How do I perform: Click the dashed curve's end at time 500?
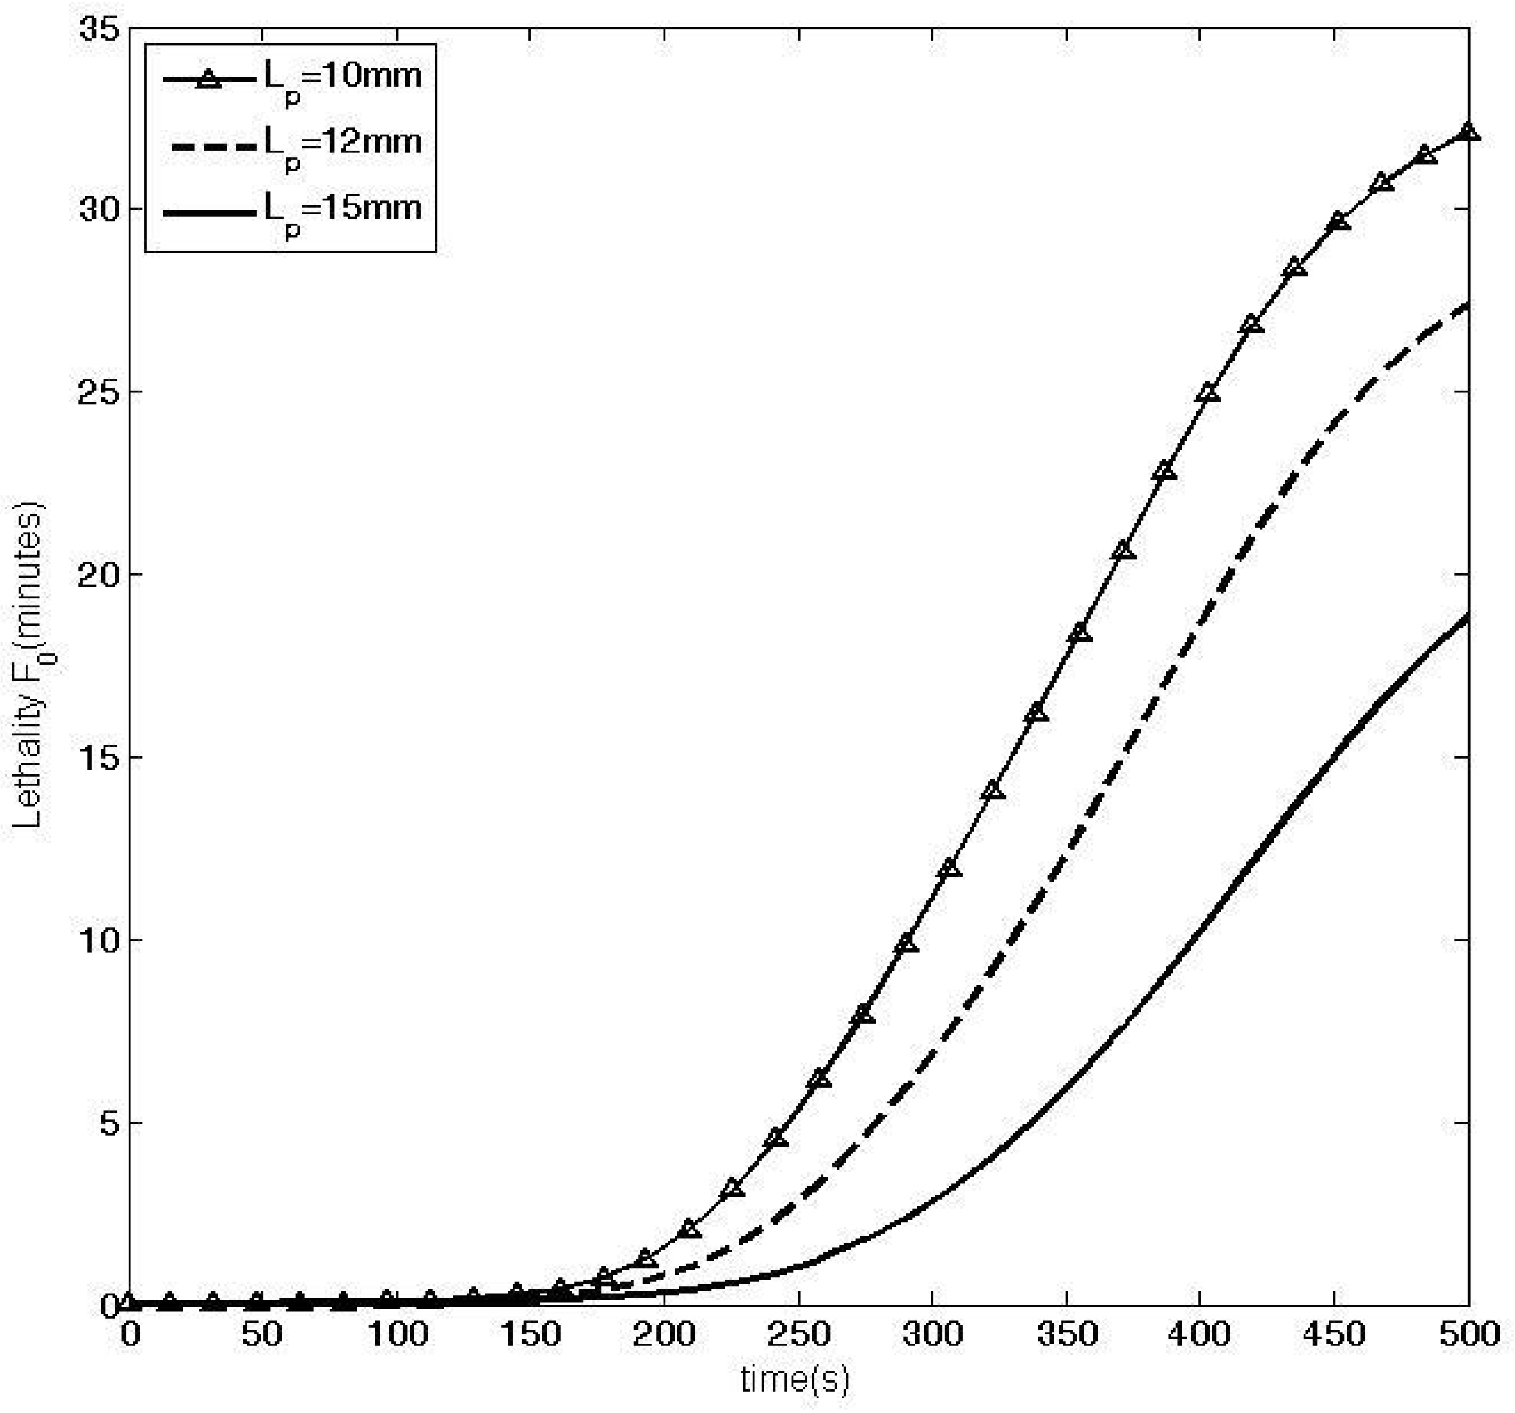pyautogui.click(x=1467, y=305)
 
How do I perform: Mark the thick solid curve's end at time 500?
pyautogui.click(x=1467, y=616)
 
